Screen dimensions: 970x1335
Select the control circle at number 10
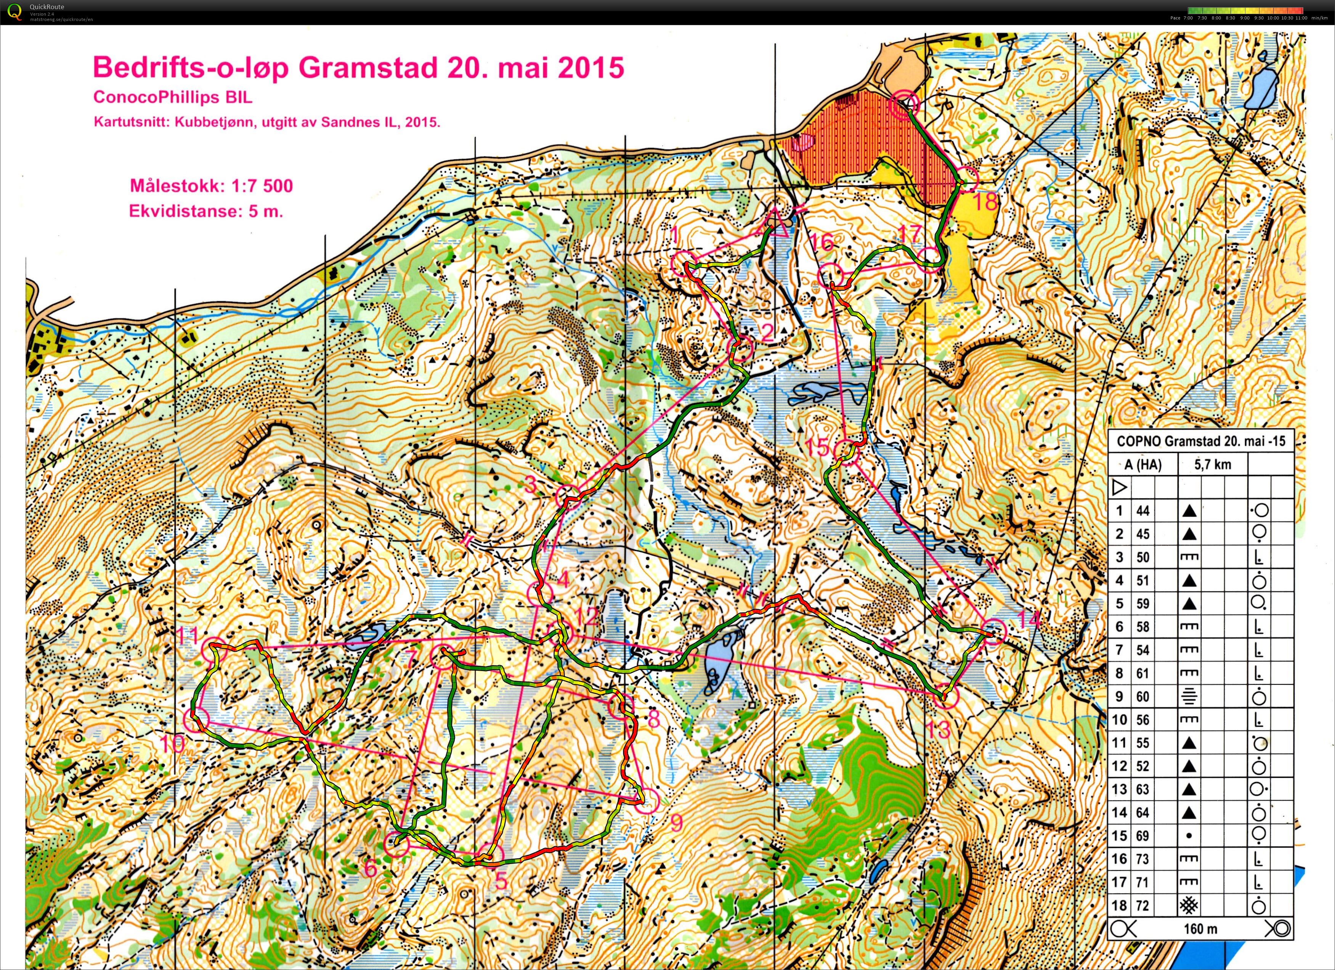[x=197, y=719]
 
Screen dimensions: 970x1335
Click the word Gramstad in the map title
[x=367, y=68]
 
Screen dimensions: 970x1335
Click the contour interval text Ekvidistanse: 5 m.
[x=206, y=211]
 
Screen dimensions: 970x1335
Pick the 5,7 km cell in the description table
[x=1213, y=464]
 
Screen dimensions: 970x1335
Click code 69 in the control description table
[x=1142, y=836]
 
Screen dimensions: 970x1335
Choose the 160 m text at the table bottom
[x=1201, y=929]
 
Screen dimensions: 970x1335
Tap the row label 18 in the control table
[x=1119, y=905]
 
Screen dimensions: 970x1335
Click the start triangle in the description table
[x=1119, y=487]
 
